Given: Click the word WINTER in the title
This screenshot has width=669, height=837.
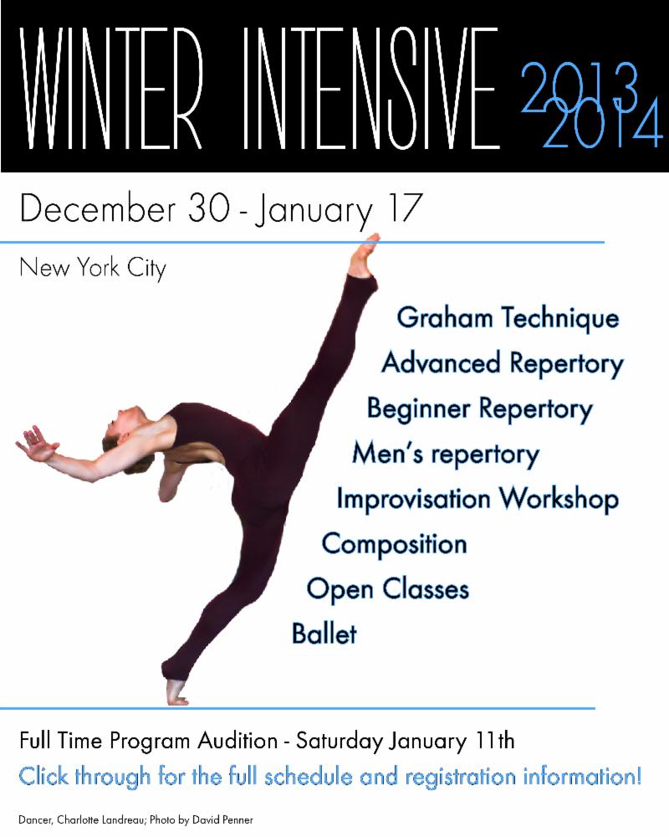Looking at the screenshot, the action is tap(111, 89).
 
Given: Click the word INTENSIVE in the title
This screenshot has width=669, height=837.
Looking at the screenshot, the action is tap(371, 89).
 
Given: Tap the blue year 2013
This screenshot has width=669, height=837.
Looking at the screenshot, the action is tap(580, 88).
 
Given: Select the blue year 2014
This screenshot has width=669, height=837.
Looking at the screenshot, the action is tap(603, 124).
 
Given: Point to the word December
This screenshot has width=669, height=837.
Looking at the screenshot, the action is tap(97, 208).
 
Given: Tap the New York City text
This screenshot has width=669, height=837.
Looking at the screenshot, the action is tap(93, 268).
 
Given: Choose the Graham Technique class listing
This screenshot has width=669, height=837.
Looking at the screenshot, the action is tap(508, 318).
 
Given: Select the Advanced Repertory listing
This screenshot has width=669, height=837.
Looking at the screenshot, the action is tap(503, 363).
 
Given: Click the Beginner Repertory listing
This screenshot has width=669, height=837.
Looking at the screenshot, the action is tap(480, 409).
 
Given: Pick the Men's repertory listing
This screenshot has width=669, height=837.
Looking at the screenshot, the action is tap(446, 454).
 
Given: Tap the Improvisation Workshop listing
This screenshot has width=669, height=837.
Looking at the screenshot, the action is tap(477, 499).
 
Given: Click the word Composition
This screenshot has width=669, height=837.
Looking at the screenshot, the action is tap(394, 545).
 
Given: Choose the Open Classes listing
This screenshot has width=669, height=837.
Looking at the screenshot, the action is tap(388, 589).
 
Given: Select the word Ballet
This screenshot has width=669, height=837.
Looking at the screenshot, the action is tap(324, 634).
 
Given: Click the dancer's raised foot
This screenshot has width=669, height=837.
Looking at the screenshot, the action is tap(365, 255).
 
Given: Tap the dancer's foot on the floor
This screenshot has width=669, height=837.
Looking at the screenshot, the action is tap(176, 692).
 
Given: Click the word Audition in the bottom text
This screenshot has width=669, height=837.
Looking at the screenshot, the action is tap(238, 741).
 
